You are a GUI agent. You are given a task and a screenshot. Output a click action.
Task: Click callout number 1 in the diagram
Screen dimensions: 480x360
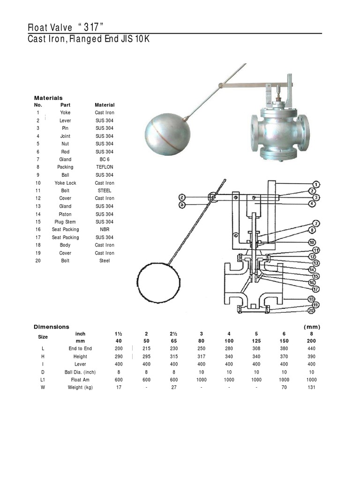coord(317,184)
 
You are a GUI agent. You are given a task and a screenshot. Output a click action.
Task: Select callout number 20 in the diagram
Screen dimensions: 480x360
coord(310,310)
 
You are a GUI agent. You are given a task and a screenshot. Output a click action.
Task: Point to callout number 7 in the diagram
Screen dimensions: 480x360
coord(316,223)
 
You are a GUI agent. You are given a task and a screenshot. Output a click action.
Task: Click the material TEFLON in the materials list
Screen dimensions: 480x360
coord(105,167)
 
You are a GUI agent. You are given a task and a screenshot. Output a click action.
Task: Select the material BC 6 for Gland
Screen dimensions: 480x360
coord(105,159)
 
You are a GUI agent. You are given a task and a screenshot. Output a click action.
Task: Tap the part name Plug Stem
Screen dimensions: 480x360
coord(66,222)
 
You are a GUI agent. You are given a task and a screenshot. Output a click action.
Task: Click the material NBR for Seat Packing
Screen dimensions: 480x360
coord(105,230)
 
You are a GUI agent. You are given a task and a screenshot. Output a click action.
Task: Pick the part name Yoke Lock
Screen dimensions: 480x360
coord(66,183)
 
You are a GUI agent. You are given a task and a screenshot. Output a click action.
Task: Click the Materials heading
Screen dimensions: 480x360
coord(48,98)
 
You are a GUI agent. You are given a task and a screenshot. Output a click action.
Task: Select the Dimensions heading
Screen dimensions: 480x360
coord(51,327)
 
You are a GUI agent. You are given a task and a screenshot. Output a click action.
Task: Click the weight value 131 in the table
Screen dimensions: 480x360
coord(311,387)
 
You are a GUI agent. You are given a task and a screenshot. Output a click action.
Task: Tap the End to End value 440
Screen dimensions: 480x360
coord(311,349)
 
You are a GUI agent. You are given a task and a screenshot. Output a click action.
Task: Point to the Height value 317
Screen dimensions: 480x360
coord(201,357)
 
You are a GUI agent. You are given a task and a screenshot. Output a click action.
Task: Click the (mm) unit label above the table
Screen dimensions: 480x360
coord(311,327)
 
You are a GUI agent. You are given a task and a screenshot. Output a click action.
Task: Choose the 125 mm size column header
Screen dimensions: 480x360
coord(256,341)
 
